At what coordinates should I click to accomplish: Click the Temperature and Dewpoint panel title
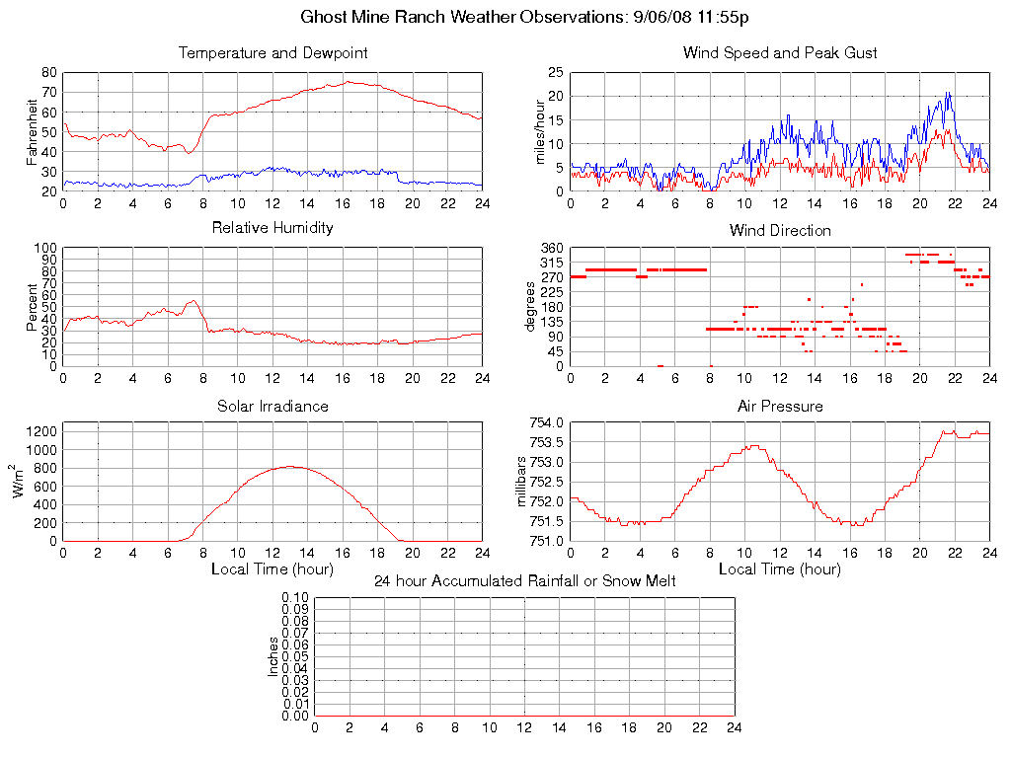(273, 52)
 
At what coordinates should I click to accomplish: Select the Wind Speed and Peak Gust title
(780, 52)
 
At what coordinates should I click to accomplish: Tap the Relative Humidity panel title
(273, 228)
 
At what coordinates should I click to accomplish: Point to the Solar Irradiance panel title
(273, 406)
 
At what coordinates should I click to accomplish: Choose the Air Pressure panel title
(780, 406)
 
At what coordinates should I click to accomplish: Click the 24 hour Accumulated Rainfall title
(525, 581)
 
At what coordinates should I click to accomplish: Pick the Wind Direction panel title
(780, 230)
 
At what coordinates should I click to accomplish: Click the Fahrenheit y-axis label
(34, 131)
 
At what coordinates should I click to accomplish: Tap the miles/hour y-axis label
(540, 131)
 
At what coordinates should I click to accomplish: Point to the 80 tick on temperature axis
(48, 73)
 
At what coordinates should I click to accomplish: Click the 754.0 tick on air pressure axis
(545, 423)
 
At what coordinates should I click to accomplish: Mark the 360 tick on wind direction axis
(551, 248)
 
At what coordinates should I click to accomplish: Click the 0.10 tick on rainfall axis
(295, 598)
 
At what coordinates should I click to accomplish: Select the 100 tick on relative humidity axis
(44, 249)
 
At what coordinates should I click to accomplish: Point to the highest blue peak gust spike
(948, 93)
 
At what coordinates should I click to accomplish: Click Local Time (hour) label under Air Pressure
(780, 569)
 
